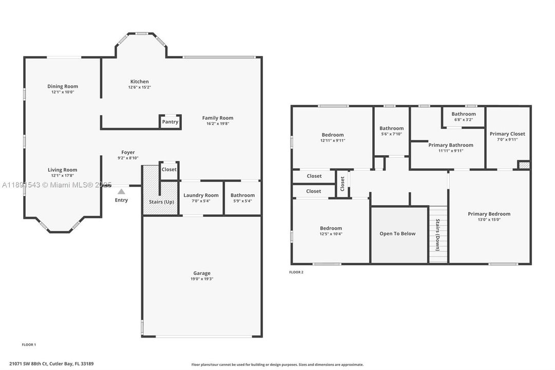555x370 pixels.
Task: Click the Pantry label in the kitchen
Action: tap(170, 122)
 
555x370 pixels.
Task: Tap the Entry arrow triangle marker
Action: tap(121, 191)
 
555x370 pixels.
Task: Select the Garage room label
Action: tap(202, 273)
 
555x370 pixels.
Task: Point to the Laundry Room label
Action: tap(201, 195)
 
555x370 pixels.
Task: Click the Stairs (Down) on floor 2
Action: tap(437, 235)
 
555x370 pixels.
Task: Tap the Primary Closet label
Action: tap(507, 134)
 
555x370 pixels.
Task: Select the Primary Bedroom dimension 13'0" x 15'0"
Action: tap(489, 220)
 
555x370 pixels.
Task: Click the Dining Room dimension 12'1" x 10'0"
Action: tap(63, 92)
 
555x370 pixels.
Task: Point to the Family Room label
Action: tap(218, 118)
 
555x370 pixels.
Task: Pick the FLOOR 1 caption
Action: tap(29, 344)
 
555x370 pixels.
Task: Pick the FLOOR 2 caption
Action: tap(296, 272)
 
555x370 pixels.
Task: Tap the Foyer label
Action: tap(128, 152)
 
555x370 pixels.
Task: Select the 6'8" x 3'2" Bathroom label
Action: tap(464, 114)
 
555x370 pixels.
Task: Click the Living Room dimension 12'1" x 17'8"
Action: tap(63, 176)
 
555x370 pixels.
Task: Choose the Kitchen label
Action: tap(139, 81)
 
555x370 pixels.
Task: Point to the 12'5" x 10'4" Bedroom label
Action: tap(331, 228)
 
